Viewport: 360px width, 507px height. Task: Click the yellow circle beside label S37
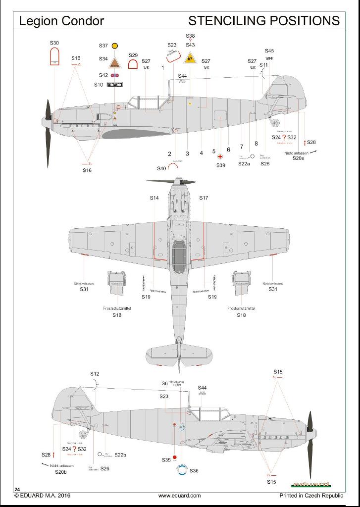coord(115,46)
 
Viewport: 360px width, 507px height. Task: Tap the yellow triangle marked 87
coord(191,59)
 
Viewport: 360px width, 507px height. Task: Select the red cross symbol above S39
coord(220,156)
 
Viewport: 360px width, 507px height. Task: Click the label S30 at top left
coord(54,44)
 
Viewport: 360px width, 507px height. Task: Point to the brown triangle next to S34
coord(115,61)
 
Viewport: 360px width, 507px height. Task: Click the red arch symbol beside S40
coord(173,167)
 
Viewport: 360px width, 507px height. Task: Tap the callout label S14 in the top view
coord(154,198)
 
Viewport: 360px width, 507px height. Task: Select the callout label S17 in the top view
coord(204,198)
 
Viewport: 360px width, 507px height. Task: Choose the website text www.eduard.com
coord(179,495)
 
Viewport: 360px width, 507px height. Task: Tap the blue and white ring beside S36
coord(182,470)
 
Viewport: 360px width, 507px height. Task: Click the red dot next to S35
coord(175,457)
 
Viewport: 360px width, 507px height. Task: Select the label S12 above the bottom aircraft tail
coord(95,374)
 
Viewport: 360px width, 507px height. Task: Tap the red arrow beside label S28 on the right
coord(305,143)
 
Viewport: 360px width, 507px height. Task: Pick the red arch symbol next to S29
coord(133,64)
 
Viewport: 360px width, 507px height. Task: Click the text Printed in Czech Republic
coord(311,495)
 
